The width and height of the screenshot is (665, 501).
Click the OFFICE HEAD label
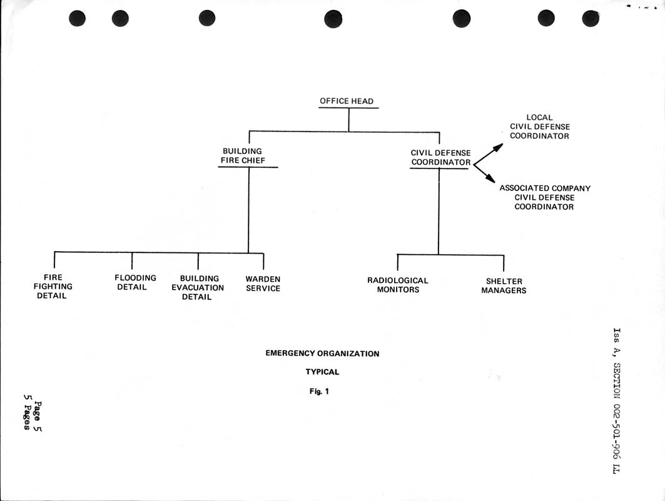click(347, 101)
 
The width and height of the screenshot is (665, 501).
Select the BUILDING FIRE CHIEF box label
click(243, 156)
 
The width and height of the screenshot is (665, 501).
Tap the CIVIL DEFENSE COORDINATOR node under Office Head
click(440, 158)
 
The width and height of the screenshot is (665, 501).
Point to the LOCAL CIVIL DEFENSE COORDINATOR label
click(539, 127)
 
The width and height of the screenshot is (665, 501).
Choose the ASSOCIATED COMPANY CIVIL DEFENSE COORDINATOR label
click(544, 197)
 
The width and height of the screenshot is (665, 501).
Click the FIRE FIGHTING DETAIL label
click(53, 287)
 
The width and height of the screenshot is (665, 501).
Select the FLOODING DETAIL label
click(135, 282)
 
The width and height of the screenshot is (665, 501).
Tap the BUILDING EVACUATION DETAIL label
click(198, 287)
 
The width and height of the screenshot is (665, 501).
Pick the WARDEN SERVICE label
click(263, 284)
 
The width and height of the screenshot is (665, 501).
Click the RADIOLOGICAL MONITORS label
click(398, 285)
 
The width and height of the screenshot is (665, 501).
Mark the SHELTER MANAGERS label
click(504, 286)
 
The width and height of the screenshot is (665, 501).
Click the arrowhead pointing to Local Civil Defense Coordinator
click(498, 147)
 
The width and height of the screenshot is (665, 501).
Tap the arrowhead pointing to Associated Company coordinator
click(490, 178)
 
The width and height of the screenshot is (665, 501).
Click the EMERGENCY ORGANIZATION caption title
click(322, 353)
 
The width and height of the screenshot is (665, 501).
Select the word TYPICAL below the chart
click(322, 372)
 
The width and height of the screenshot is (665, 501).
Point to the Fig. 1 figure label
click(319, 391)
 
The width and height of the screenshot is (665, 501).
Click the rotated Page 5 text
click(38, 416)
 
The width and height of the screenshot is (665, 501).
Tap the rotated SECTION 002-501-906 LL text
click(617, 418)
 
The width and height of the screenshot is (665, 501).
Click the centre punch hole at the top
click(333, 19)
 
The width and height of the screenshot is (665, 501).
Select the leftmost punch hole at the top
click(77, 18)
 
